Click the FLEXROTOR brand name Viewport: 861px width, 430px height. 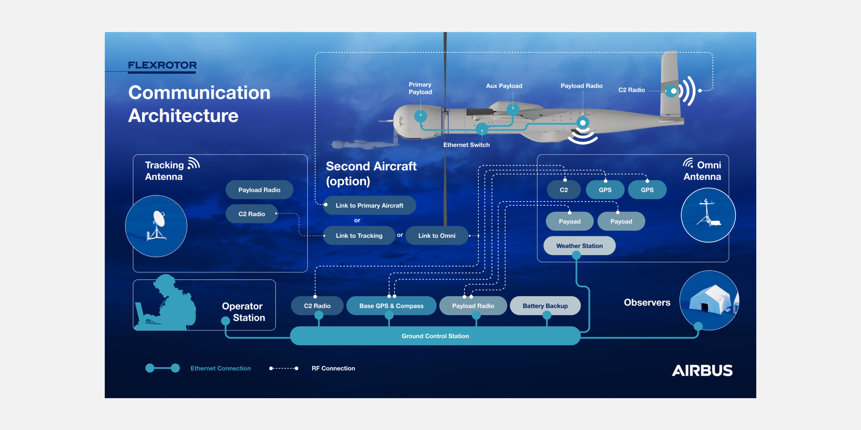(162, 65)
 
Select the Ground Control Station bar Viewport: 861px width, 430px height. (435, 336)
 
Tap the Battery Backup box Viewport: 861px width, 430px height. (545, 305)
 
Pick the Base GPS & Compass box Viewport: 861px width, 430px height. (391, 305)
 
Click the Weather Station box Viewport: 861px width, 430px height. (579, 246)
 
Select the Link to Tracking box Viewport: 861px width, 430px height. (359, 235)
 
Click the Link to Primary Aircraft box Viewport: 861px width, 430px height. (369, 205)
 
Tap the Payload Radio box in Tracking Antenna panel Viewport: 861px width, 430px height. (259, 190)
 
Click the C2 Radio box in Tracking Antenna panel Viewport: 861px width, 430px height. (252, 214)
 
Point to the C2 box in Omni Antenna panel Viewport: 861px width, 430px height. (564, 190)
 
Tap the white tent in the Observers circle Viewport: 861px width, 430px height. (712, 300)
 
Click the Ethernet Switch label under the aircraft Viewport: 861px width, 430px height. (466, 144)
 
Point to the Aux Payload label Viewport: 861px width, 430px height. (504, 86)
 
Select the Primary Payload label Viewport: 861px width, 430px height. (420, 88)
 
